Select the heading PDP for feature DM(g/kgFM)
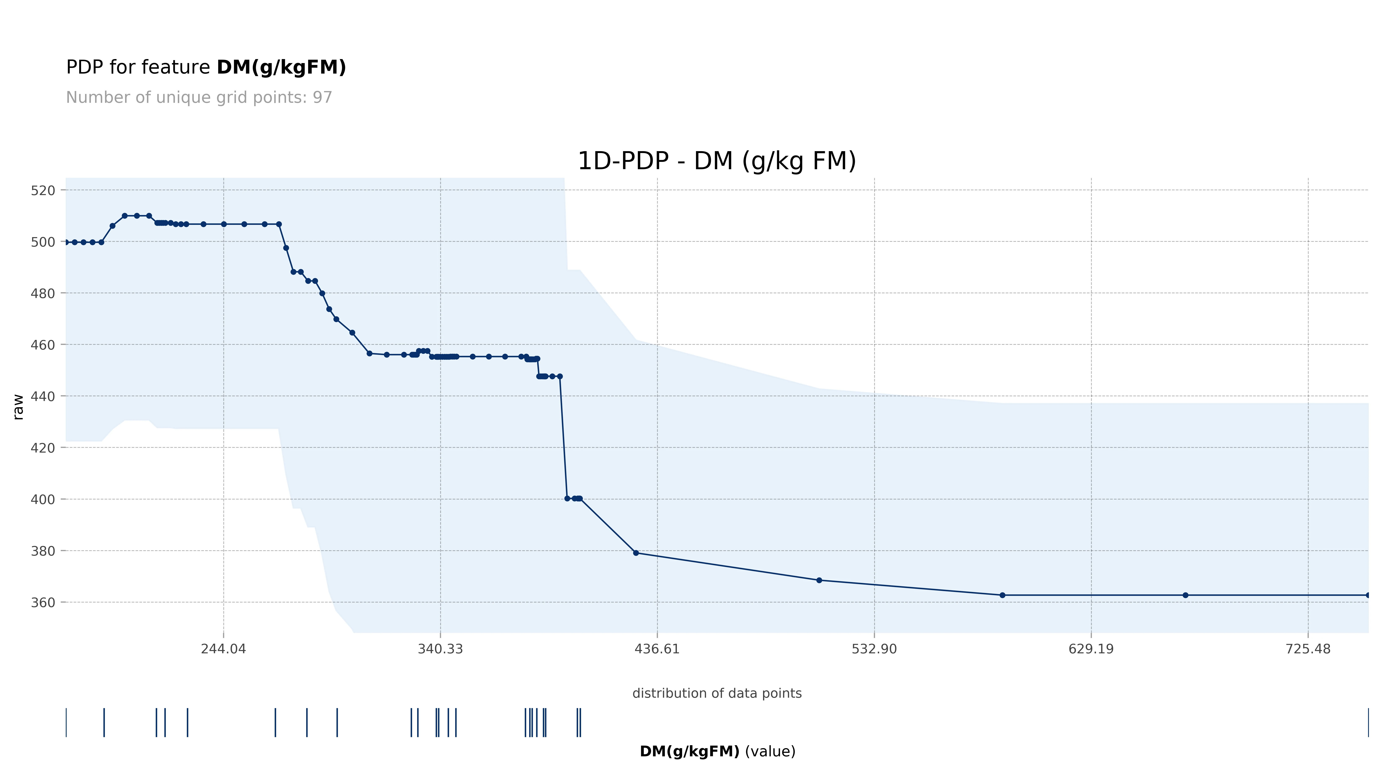pos(206,67)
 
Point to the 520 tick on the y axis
pos(43,191)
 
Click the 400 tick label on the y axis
pos(43,500)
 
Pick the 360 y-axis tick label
pos(43,602)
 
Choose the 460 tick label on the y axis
pos(43,345)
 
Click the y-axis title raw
pos(18,407)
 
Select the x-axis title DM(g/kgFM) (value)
pos(717,751)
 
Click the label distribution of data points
pos(717,693)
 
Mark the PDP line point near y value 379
pos(636,553)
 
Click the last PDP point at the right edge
pos(1368,595)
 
